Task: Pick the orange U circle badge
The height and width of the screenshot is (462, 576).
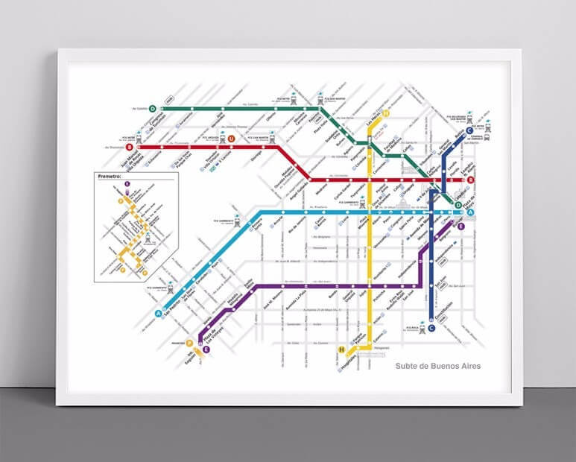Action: (232, 139)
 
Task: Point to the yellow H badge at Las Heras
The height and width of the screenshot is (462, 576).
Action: (387, 114)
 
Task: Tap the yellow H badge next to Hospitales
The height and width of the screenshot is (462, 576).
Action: (341, 349)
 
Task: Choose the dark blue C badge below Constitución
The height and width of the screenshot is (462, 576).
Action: (431, 328)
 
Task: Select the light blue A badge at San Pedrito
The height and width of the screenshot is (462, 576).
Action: (158, 314)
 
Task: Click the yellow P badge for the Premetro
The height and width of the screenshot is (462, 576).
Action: (190, 343)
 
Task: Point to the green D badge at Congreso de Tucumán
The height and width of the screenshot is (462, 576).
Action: (152, 109)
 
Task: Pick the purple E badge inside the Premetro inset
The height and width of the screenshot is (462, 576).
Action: (127, 183)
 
